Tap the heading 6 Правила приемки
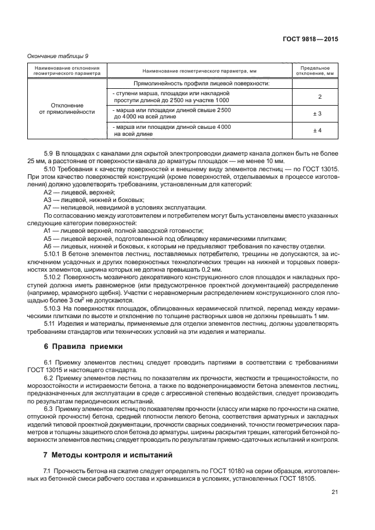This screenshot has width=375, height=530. coord(75,347)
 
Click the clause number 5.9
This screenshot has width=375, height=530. coord(49,153)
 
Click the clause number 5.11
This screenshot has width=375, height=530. coord(51,323)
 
